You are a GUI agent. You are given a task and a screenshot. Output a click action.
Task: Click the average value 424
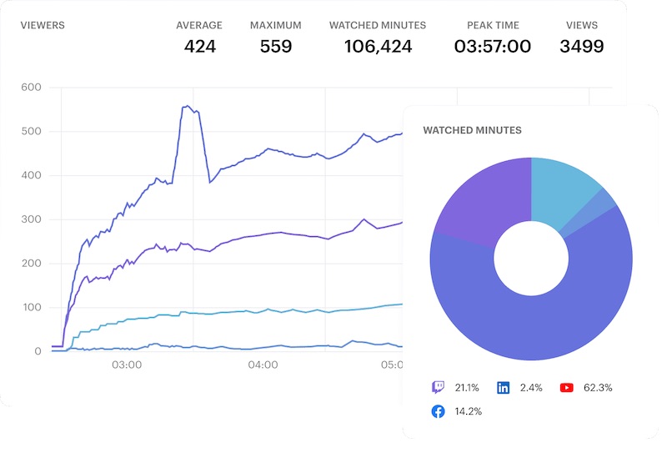(200, 47)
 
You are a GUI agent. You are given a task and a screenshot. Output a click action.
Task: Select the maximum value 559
(276, 47)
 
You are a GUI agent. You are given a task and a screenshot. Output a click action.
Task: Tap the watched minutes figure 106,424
(378, 47)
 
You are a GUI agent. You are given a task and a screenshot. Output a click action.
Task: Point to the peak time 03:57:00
(493, 47)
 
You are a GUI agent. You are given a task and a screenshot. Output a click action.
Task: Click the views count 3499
(582, 47)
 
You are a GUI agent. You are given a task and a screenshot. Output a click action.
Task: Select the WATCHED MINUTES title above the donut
(472, 131)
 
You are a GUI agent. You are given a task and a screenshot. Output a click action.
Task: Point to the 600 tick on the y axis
(30, 88)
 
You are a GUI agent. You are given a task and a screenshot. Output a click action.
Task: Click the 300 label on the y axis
(30, 219)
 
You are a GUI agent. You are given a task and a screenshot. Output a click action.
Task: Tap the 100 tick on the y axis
(30, 308)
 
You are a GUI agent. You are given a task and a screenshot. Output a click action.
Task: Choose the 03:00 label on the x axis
(126, 365)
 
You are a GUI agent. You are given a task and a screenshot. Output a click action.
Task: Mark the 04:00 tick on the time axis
(263, 365)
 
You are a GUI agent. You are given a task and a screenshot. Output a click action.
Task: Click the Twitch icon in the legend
(438, 387)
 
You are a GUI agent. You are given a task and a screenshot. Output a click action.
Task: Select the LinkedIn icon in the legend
(504, 387)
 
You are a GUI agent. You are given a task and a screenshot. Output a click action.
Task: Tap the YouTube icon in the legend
(567, 387)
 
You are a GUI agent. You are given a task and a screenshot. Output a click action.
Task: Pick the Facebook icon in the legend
(438, 411)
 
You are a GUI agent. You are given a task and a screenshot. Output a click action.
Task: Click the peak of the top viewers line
(188, 106)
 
